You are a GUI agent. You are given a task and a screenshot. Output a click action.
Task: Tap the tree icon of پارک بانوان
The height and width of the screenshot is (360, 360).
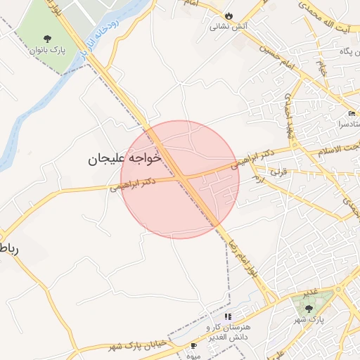(x=47, y=39)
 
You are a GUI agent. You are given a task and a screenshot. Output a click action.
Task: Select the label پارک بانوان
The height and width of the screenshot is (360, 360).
(x=47, y=51)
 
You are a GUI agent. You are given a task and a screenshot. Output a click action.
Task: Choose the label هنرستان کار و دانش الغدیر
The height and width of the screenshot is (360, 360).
(x=227, y=333)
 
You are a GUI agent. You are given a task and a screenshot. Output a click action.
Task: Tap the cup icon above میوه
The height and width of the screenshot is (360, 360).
(x=194, y=346)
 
